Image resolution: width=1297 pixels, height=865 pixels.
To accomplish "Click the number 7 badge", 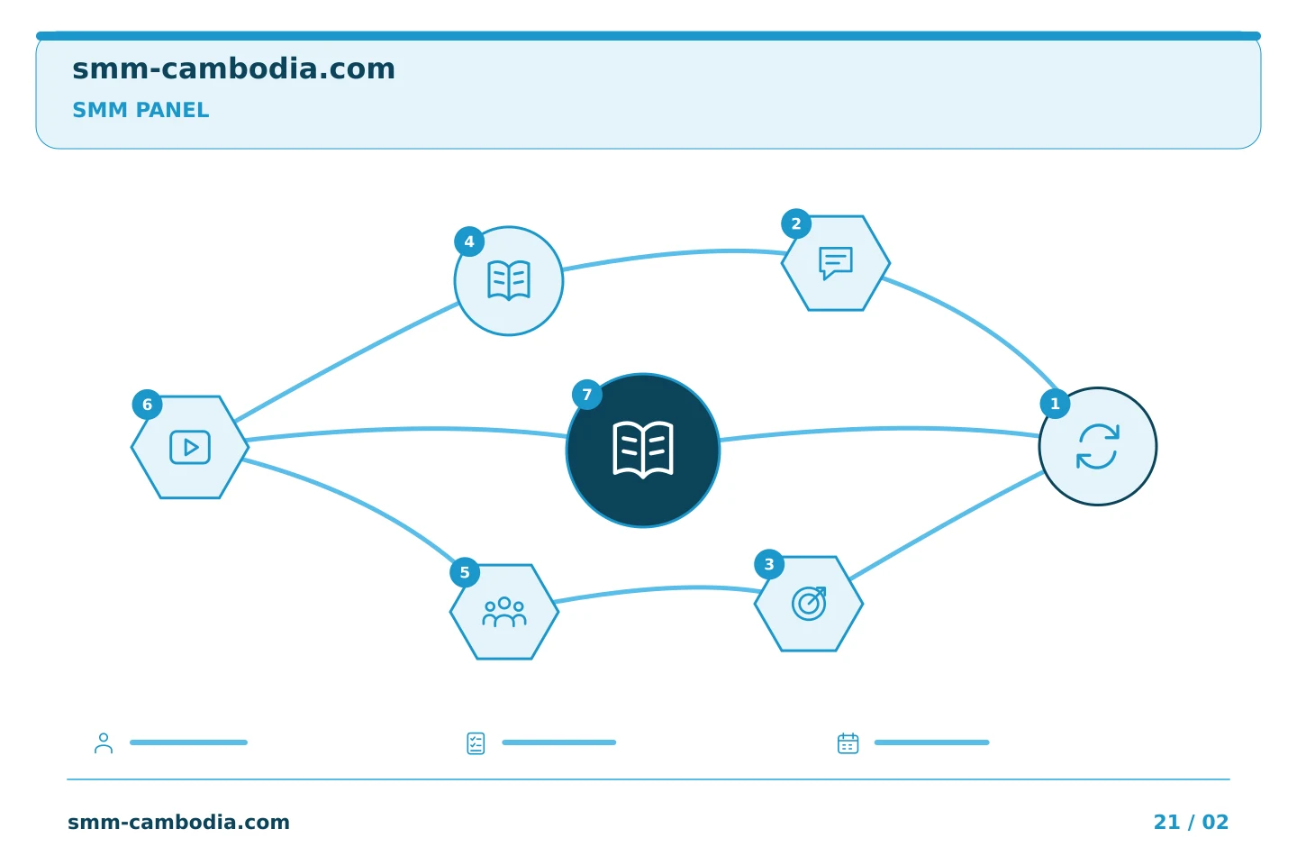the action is point(586,395).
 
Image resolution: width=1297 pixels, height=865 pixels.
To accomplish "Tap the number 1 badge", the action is point(1055,404).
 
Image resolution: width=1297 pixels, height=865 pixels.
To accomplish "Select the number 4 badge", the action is point(469,241).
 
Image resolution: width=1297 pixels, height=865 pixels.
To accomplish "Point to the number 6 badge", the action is point(147,405).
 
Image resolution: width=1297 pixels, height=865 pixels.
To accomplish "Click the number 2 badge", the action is point(795,223).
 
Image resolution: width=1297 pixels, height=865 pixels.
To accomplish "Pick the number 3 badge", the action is point(769,564).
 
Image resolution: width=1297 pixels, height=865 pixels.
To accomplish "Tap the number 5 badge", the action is point(465,572).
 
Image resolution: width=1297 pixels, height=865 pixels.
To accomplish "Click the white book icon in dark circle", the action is point(643,451).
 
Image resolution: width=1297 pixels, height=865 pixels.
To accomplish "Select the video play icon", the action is point(190,447).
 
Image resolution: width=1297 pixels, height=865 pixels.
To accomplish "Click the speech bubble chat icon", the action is point(836,263).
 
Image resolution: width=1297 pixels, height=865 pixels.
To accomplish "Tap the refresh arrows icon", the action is point(1097,446).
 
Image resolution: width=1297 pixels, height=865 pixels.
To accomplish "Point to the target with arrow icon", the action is point(809,604).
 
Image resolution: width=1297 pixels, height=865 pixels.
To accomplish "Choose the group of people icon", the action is point(504,612).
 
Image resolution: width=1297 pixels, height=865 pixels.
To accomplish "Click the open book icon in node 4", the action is point(509,280).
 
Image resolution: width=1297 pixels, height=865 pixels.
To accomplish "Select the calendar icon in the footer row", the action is point(848,742).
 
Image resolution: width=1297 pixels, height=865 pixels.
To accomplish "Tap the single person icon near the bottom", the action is point(104,742).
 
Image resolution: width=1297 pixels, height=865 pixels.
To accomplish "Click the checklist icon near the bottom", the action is point(476,743).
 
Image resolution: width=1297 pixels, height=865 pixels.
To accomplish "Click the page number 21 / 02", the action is point(1191,822).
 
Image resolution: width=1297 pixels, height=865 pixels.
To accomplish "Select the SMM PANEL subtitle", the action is point(141,110).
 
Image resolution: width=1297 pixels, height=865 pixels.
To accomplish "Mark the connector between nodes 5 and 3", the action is point(658,590).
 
